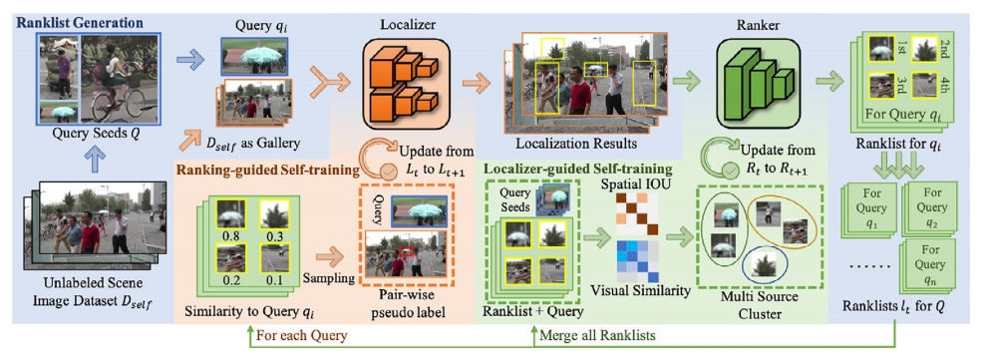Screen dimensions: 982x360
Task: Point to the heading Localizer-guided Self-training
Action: pyautogui.click(x=576, y=170)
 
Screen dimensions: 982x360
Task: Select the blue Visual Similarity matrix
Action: pyautogui.click(x=636, y=261)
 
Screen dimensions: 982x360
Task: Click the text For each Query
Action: pyautogui.click(x=302, y=336)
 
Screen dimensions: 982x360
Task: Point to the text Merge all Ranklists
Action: pyautogui.click(x=597, y=336)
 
